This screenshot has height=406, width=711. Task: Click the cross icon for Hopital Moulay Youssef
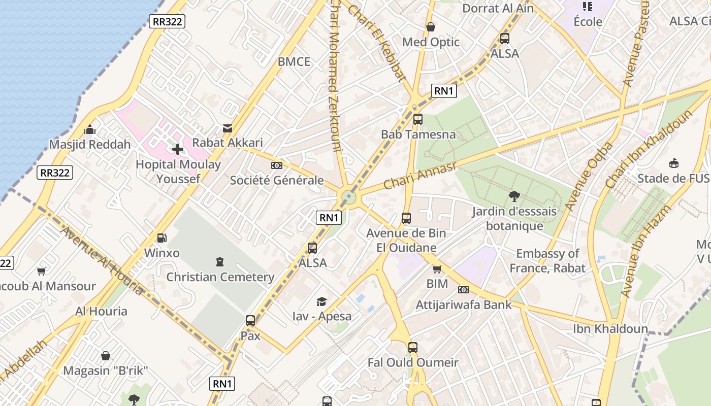tap(178, 149)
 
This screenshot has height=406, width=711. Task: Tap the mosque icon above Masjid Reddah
tap(90, 129)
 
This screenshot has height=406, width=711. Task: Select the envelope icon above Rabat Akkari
tap(228, 128)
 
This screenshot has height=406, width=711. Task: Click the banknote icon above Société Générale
tap(277, 165)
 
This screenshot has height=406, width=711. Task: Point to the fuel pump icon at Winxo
tap(161, 238)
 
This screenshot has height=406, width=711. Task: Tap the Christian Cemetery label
tap(220, 277)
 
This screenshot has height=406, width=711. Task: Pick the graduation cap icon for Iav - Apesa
tap(321, 301)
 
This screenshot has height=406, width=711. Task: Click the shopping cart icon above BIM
tap(437, 268)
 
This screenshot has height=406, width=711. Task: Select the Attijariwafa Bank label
tap(464, 305)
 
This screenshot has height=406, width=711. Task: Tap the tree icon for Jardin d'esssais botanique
tap(514, 196)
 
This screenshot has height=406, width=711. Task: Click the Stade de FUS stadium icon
tap(674, 163)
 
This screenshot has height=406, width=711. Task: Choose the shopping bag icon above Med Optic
tap(431, 27)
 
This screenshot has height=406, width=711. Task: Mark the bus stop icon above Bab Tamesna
tap(418, 120)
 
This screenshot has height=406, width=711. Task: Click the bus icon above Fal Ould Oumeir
tap(413, 348)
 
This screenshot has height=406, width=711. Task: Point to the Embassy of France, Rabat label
tap(547, 260)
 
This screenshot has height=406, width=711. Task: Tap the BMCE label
tap(294, 62)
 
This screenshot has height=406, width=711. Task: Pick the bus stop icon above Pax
tap(250, 321)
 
